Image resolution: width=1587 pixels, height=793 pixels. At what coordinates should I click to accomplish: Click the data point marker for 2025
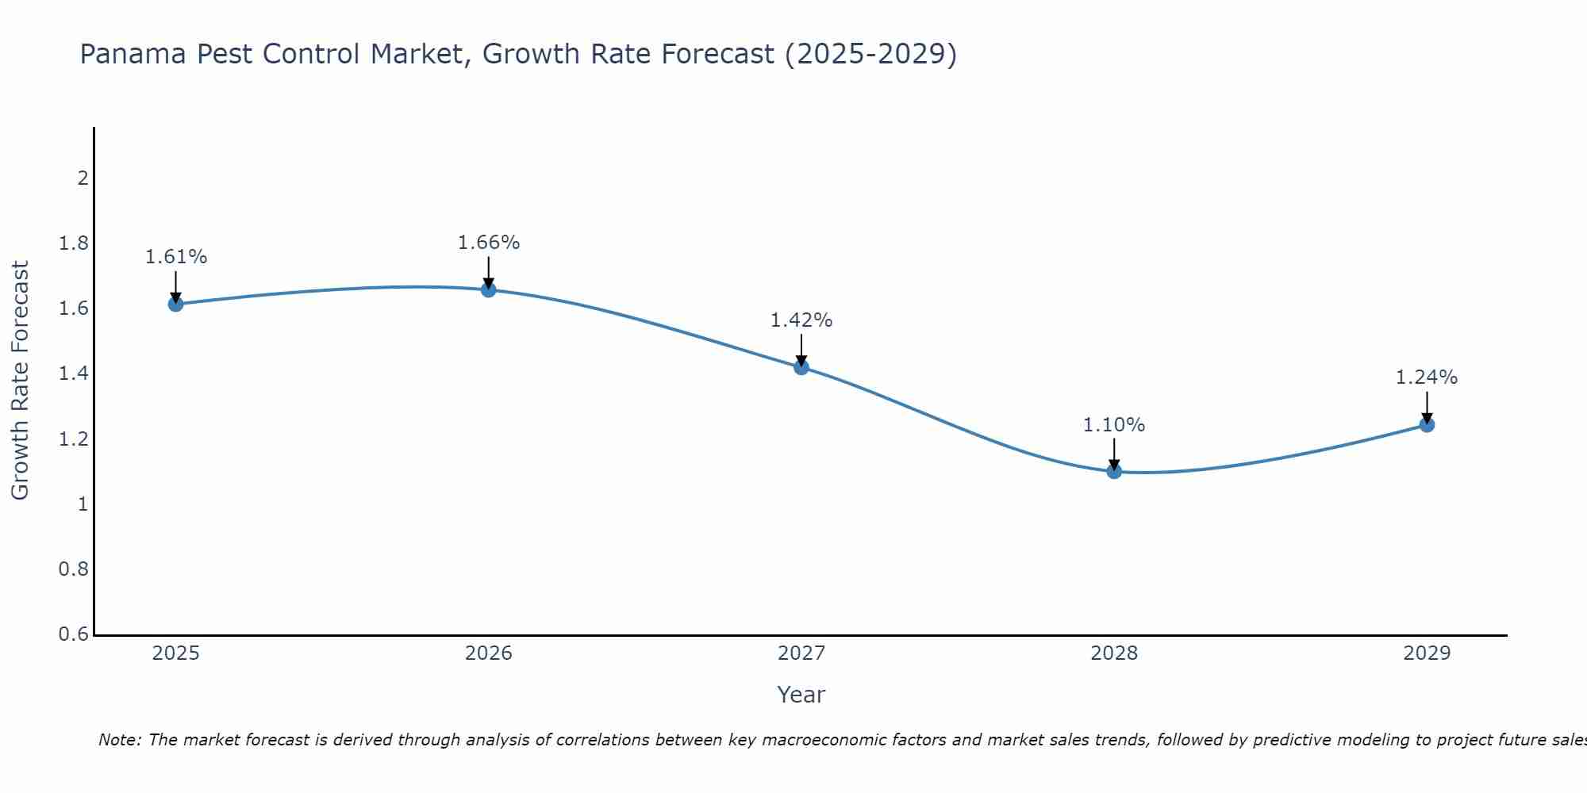[175, 304]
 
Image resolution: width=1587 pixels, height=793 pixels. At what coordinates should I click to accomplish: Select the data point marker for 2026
[489, 289]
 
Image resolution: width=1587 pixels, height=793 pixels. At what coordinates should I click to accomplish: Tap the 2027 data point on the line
[801, 367]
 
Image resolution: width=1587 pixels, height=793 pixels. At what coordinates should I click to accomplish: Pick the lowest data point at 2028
[1114, 471]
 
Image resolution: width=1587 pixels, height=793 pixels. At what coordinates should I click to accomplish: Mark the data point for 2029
[1427, 425]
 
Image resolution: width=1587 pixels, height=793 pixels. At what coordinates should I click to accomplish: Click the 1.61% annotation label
[175, 257]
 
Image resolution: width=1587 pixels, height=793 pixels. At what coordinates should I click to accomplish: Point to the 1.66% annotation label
[489, 243]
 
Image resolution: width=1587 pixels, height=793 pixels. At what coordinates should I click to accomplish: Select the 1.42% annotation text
[801, 320]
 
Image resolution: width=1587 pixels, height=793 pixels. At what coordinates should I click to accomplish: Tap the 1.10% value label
[1114, 425]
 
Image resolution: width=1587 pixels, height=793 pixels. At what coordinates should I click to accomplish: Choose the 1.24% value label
[1427, 377]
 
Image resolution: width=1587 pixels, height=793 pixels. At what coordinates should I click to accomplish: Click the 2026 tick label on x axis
[489, 653]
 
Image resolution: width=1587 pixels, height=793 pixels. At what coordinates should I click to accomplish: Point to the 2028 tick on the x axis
[1114, 653]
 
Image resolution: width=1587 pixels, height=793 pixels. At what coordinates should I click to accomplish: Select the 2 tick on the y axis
[83, 178]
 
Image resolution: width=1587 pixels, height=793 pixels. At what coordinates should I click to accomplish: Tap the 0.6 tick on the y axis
[74, 634]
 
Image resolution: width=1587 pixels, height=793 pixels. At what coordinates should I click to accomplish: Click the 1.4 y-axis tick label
[74, 374]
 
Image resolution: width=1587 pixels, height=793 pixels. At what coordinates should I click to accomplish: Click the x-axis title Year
[801, 695]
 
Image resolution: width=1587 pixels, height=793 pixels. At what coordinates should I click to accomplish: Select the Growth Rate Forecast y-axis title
[20, 381]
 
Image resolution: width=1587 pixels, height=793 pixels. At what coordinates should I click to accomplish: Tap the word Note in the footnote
[119, 740]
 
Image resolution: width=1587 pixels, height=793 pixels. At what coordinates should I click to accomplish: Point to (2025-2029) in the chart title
[870, 54]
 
